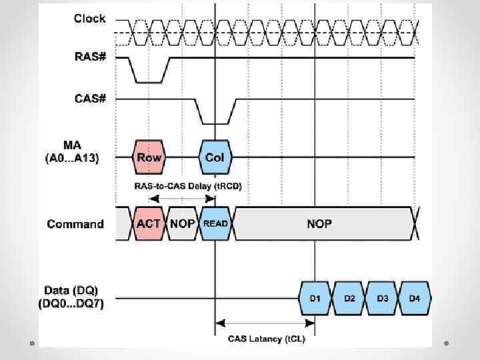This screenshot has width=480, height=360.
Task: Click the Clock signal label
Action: point(89,19)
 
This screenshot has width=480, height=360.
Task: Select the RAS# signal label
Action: point(89,58)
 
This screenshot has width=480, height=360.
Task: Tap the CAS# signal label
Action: point(89,99)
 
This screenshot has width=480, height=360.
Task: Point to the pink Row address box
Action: point(149,157)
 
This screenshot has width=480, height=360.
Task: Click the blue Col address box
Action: point(215,157)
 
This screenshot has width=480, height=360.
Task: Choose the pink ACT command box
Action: point(149,223)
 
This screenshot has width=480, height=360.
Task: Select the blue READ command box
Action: point(215,223)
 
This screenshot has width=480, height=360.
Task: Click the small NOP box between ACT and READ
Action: point(182,223)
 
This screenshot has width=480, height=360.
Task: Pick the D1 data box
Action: point(315,297)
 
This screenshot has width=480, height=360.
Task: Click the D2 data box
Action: point(349,297)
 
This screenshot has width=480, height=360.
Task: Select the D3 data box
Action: point(382,297)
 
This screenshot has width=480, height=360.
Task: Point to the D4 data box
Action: point(415,297)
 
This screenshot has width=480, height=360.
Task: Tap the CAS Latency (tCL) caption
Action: point(265,339)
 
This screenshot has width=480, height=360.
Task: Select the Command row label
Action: point(75,223)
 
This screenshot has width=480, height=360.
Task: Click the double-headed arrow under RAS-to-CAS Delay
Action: point(181,197)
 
